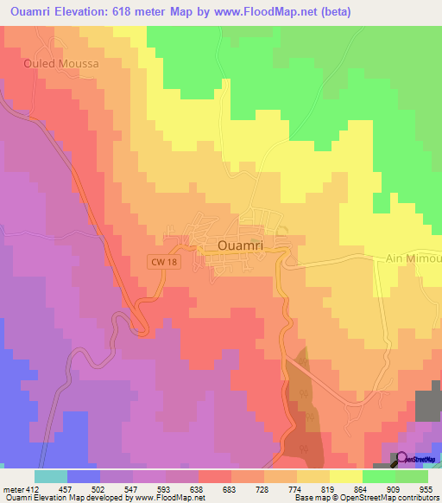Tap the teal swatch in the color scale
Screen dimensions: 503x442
[51, 476]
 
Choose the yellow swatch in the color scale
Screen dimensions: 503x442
[346, 476]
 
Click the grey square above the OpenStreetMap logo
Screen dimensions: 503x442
[427, 404]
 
